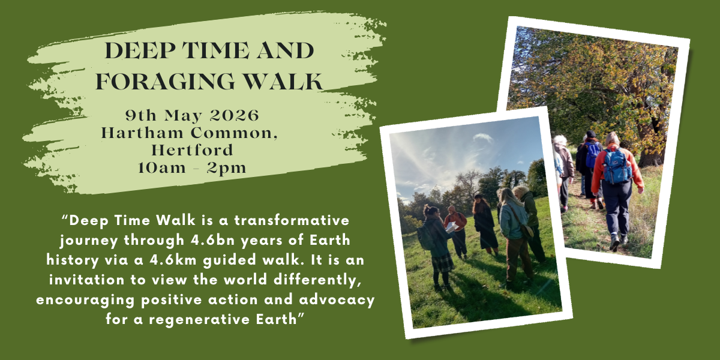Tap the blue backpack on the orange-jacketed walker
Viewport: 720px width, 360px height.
pos(617,167)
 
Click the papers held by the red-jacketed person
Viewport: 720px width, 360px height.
pos(451,227)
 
